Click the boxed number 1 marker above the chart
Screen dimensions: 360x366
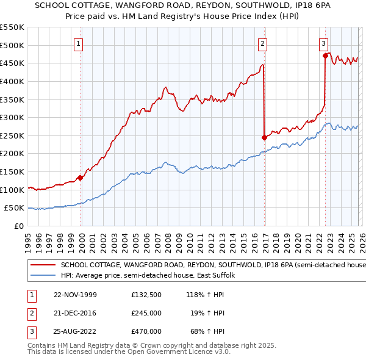coord(80,43)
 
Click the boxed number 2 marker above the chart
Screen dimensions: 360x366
coord(262,43)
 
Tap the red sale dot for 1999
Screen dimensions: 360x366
coord(81,178)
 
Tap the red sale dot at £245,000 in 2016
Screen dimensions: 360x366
coord(264,137)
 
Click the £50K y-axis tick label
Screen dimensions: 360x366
coord(14,208)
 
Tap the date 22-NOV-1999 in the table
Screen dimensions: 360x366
coord(75,295)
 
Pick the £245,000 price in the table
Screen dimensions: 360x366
coord(146,313)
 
